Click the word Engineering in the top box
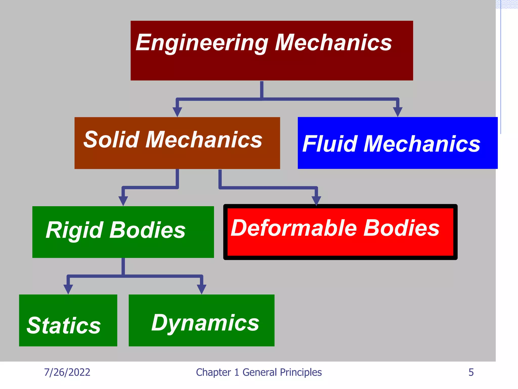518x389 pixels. (x=202, y=43)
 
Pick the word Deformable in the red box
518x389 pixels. (x=294, y=228)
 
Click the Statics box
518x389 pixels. (x=68, y=320)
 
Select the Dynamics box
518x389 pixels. (x=202, y=320)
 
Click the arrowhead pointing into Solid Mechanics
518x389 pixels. (x=177, y=112)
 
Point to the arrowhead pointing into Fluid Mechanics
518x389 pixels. (x=398, y=112)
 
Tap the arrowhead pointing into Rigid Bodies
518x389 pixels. (x=123, y=201)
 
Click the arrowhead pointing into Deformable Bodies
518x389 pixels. (x=316, y=201)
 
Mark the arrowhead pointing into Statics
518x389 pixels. (x=68, y=289)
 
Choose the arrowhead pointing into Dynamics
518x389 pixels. (x=202, y=289)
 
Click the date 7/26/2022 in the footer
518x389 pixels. (x=67, y=372)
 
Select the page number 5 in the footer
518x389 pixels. (x=471, y=372)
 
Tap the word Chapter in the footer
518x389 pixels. (x=213, y=372)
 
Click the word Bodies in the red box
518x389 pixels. (x=401, y=228)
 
